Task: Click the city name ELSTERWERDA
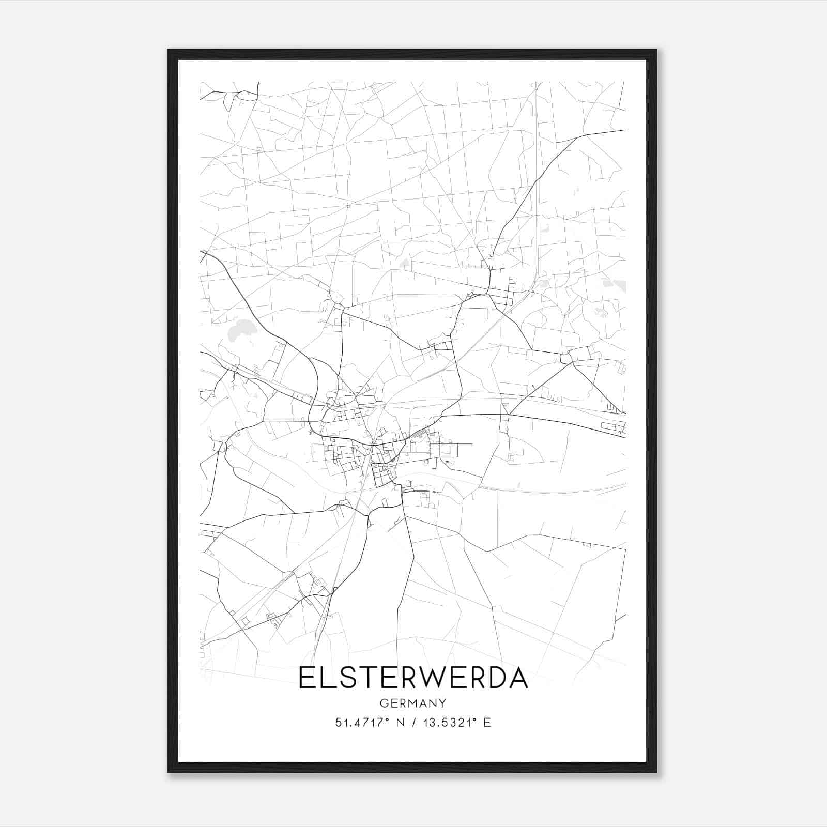pyautogui.click(x=413, y=678)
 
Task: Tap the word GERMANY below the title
pyautogui.click(x=413, y=703)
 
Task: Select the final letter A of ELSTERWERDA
pyautogui.click(x=518, y=678)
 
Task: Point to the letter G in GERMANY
pyautogui.click(x=384, y=703)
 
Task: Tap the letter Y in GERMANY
pyautogui.click(x=442, y=703)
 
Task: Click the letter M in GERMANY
pyautogui.click(x=414, y=703)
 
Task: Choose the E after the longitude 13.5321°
pyautogui.click(x=486, y=723)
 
